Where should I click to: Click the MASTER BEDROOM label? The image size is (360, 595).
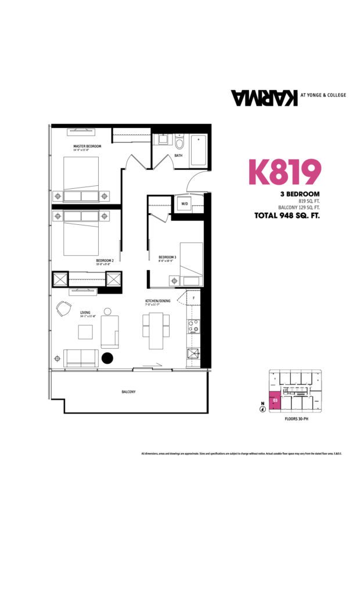(x=88, y=146)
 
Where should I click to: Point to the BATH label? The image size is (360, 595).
(x=178, y=156)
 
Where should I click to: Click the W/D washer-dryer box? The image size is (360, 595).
(x=185, y=204)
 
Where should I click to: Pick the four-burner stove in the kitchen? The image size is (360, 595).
(x=193, y=327)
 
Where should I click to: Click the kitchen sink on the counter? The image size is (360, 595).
(x=193, y=354)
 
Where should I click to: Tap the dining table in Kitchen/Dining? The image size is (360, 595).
(x=156, y=330)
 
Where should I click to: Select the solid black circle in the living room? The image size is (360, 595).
(x=107, y=358)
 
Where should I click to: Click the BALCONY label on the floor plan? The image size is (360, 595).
(x=129, y=392)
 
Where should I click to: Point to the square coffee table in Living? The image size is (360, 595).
(x=86, y=331)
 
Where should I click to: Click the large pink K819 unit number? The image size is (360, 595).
(x=285, y=171)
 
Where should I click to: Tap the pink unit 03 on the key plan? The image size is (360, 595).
(x=275, y=401)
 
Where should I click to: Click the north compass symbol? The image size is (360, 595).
(x=262, y=408)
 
